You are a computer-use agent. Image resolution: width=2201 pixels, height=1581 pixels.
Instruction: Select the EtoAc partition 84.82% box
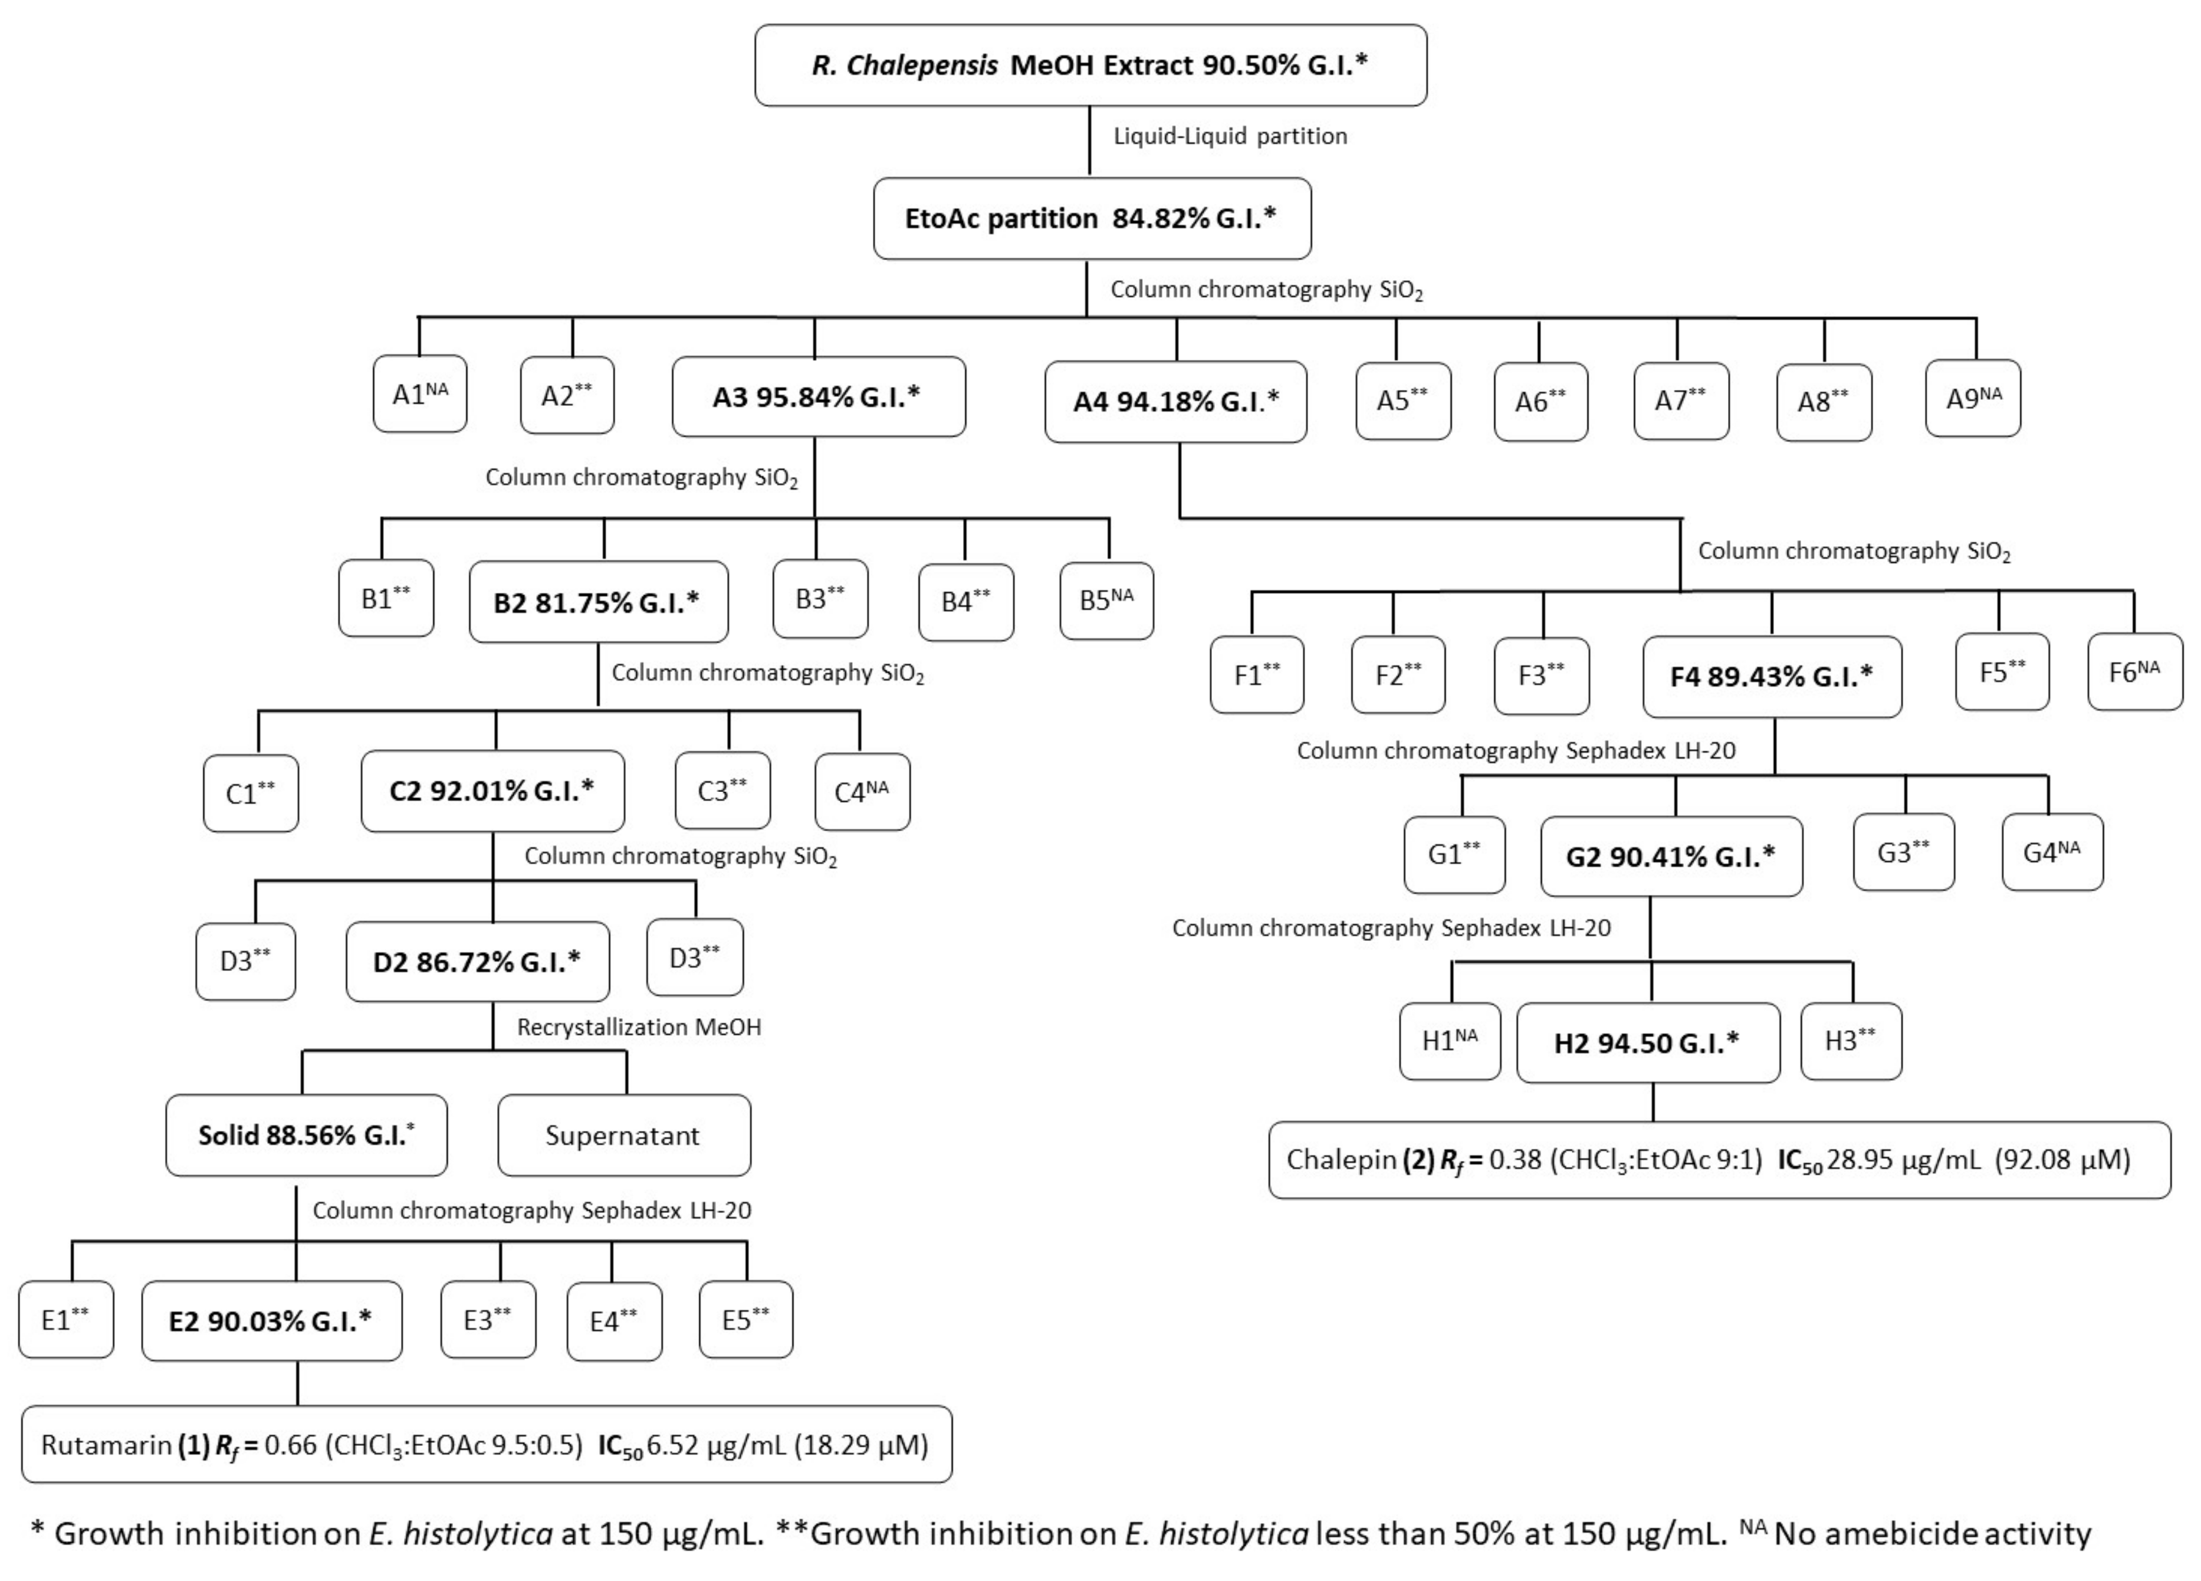pos(1091,218)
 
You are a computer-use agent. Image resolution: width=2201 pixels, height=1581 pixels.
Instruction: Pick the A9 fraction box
pos(1973,399)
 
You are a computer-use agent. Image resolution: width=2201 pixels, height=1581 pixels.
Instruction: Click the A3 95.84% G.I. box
pos(817,397)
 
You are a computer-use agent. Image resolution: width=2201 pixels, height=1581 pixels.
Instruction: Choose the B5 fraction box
pos(1106,600)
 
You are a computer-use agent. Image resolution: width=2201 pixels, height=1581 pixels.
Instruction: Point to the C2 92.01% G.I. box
pos(492,791)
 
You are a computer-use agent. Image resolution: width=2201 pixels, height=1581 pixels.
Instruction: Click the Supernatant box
pos(623,1136)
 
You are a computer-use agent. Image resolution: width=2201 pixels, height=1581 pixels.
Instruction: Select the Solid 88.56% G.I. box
pos(305,1136)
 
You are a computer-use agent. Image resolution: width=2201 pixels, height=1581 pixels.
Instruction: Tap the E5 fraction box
pos(745,1320)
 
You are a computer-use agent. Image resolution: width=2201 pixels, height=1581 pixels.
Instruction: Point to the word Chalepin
pos(1341,1160)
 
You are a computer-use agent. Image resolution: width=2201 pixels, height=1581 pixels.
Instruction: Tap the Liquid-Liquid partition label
pos(1230,136)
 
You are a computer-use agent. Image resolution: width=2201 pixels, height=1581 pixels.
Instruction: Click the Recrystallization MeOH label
pos(639,1027)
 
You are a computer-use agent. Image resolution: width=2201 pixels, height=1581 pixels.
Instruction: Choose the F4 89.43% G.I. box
pos(1771,677)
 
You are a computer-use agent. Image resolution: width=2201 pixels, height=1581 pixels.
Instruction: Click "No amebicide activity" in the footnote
pos(1932,1533)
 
